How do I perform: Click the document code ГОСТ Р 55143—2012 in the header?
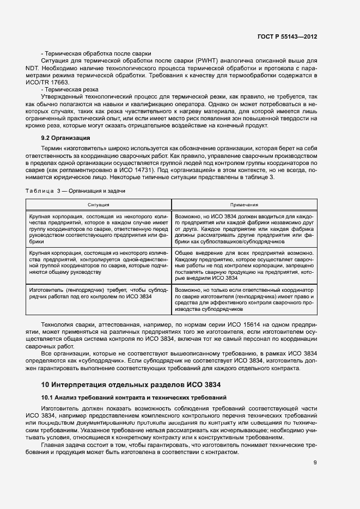pyautogui.click(x=287, y=36)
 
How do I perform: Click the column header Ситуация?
pyautogui.click(x=99, y=205)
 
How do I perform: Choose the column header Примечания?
pyautogui.click(x=244, y=205)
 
